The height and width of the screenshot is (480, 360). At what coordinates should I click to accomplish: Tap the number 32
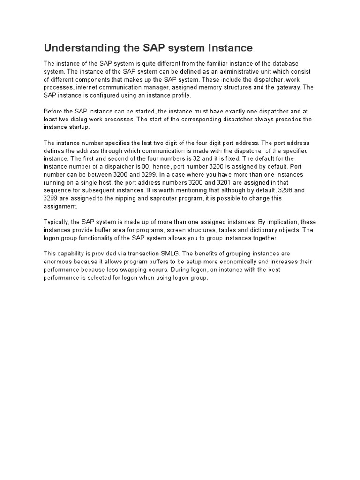tap(198, 158)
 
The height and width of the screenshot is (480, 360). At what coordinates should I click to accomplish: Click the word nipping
tap(131, 198)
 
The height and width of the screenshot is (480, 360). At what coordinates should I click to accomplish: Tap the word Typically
tap(57, 222)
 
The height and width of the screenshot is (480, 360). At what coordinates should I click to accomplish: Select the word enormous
tap(58, 262)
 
